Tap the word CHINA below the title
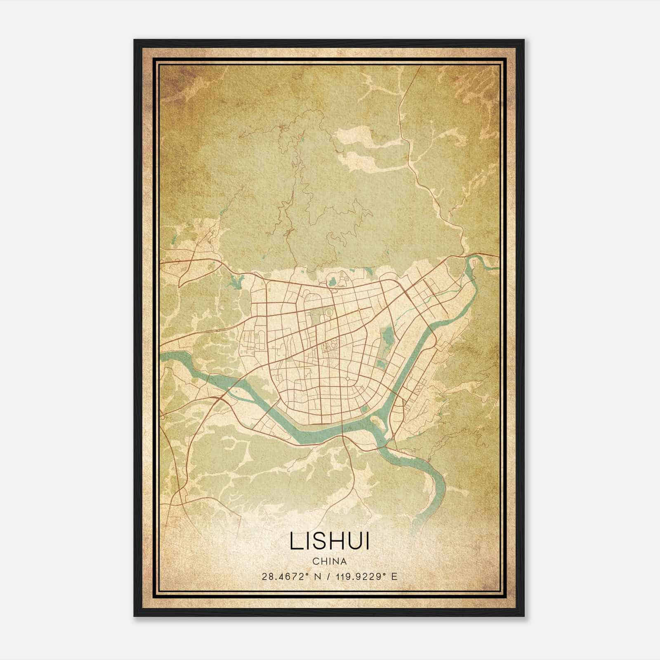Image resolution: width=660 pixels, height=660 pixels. [x=330, y=561]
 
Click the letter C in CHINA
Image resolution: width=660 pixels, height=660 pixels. [x=315, y=561]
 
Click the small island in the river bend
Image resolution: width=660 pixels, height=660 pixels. [x=376, y=420]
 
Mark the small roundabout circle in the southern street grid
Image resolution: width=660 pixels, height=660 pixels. [x=347, y=379]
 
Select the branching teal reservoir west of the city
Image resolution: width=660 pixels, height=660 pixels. [x=233, y=283]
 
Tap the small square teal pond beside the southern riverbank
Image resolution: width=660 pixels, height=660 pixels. [x=364, y=409]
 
